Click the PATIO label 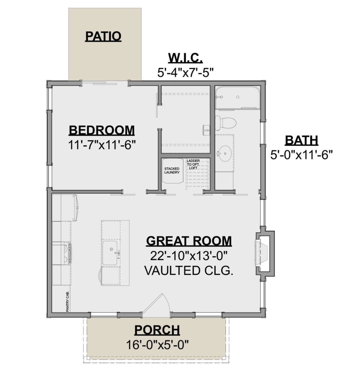point(103,36)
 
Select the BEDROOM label point(102,130)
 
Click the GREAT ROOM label point(189,241)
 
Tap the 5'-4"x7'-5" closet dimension point(185,73)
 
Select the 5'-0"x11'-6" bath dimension point(301,155)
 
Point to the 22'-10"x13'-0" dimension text point(189,256)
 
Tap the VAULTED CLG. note point(189,271)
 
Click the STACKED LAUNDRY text point(172,171)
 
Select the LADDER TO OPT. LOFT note point(193,164)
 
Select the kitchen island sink point(110,253)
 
